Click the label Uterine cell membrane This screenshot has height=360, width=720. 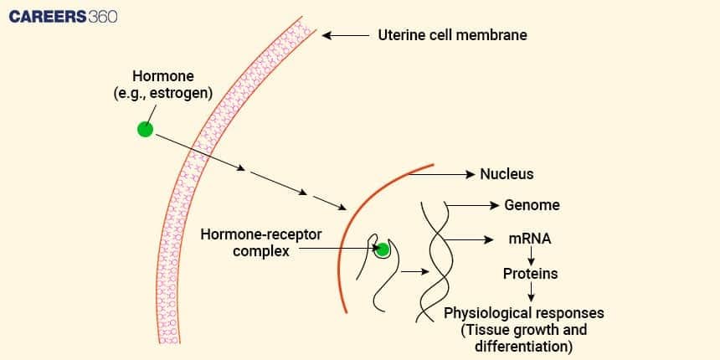(453, 35)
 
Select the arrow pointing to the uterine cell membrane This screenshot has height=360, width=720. (346, 35)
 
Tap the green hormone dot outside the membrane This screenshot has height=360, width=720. (145, 129)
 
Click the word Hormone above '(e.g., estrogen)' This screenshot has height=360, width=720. (162, 76)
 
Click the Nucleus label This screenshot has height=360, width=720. (507, 174)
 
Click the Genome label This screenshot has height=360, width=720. (532, 205)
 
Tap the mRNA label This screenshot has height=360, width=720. (530, 239)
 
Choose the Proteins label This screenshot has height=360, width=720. (530, 274)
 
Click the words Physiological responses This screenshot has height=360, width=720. (524, 313)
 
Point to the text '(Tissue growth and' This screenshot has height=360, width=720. (524, 330)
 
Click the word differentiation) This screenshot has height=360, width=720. (524, 346)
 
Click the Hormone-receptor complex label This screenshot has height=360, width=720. (249, 241)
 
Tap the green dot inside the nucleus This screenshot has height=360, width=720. (383, 249)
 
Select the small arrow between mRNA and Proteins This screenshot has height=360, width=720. (531, 256)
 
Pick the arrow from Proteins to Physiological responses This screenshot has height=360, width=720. (531, 292)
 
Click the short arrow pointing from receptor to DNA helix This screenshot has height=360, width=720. (412, 271)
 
